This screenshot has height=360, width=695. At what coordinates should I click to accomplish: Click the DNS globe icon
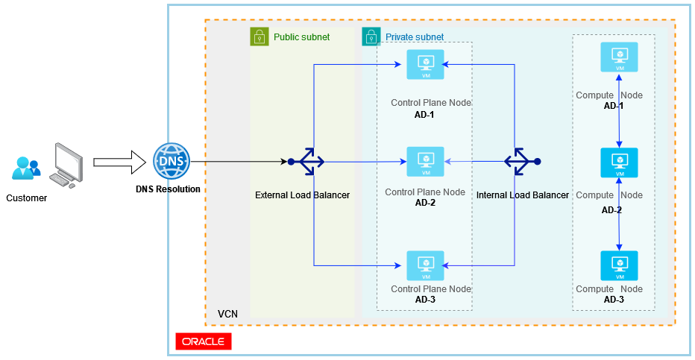172,161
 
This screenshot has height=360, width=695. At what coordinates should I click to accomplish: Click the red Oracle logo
204,341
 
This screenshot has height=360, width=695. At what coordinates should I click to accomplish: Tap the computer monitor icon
66,166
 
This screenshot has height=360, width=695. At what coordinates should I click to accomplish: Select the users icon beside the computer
26,168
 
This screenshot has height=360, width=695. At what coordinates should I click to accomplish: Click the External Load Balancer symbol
306,161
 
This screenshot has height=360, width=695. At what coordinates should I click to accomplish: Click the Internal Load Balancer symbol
520,161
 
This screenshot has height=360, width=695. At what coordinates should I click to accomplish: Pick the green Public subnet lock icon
259,37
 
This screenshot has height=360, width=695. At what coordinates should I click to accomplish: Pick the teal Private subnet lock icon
371,37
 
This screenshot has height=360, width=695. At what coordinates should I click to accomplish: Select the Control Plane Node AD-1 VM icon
425,64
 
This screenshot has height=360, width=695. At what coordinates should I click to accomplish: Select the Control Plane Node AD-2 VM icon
425,162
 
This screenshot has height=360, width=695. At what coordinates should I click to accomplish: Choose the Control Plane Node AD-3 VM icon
425,265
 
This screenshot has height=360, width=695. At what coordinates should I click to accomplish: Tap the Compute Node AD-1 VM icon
619,57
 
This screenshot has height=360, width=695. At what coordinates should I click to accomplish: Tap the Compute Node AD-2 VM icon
619,162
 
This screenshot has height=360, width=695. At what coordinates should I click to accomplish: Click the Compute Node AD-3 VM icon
619,265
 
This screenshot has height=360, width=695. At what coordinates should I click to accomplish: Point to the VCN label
227,315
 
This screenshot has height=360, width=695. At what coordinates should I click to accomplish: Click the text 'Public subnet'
301,37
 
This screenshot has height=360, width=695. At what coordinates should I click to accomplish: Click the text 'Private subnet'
415,37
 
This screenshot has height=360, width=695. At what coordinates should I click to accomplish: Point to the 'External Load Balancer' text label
302,195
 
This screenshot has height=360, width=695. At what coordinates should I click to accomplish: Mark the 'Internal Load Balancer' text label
522,195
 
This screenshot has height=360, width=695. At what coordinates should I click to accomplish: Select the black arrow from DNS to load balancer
239,161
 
